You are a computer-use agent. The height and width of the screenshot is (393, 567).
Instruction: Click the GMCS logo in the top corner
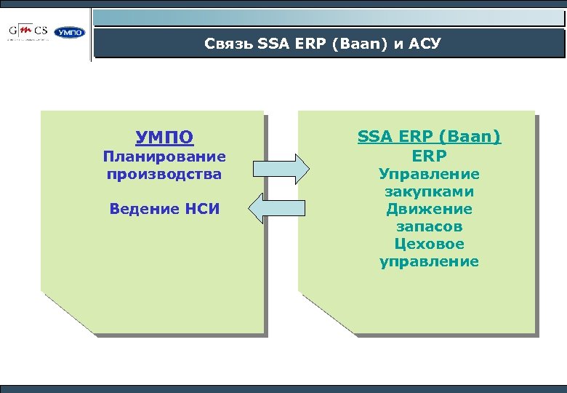[29, 32]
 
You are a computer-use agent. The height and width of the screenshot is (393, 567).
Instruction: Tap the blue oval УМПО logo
[70, 33]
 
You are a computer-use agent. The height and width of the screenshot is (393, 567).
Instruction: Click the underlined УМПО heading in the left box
[164, 137]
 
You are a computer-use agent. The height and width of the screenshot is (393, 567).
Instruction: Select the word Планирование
[164, 156]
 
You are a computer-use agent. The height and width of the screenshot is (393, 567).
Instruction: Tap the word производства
[164, 175]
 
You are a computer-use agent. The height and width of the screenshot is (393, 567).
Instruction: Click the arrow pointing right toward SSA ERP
[280, 167]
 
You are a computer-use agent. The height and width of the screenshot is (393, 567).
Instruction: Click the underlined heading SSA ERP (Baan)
[429, 137]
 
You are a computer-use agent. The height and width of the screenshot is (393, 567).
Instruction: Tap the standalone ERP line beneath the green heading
[429, 156]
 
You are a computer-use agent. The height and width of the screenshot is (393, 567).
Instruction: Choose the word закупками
[429, 192]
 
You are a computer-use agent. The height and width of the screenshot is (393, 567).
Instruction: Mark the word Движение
[429, 210]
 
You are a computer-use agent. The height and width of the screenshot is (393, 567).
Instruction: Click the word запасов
[429, 227]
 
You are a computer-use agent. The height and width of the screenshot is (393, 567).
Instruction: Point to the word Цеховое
[429, 245]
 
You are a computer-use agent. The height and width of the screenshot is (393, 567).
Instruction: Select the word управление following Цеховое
[429, 262]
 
